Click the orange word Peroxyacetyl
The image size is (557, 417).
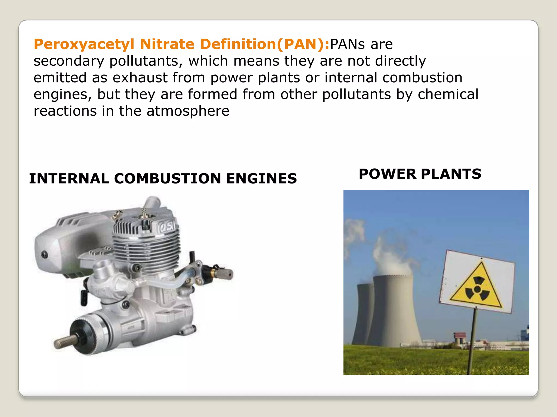pos(84,44)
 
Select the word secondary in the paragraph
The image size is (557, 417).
pos(69,61)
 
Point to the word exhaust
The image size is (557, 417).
pos(140,78)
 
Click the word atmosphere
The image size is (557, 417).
pos(188,111)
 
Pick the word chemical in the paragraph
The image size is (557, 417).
pos(448,94)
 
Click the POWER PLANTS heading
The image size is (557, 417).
pos(420,174)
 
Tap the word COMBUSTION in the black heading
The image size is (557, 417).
pos(167,179)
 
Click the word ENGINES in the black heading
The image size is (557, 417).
pos(261,179)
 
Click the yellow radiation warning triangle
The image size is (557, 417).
pos(476,288)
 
